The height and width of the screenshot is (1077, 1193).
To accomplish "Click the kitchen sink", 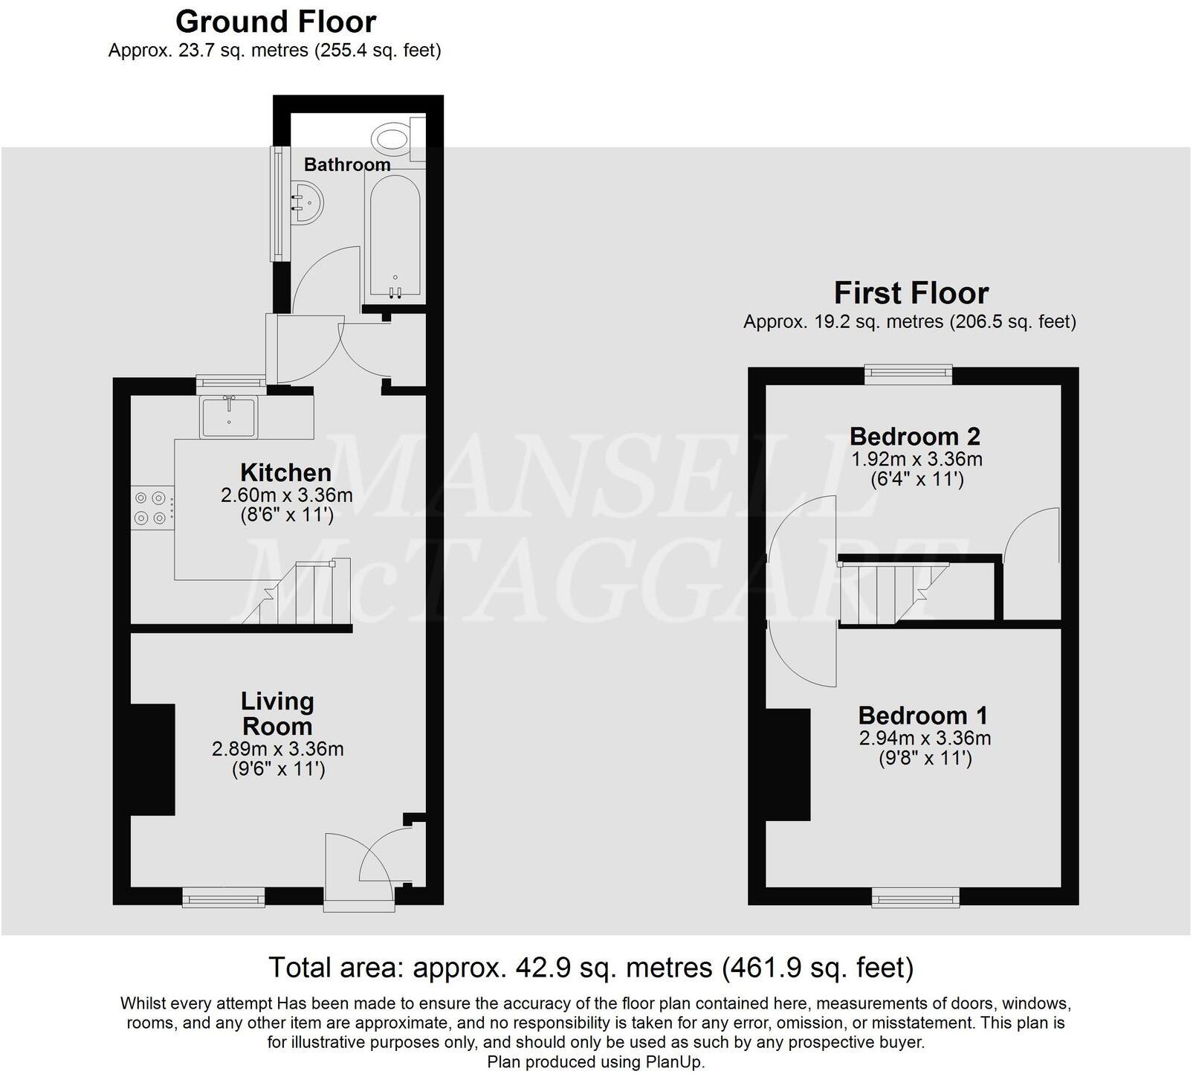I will tap(228, 416).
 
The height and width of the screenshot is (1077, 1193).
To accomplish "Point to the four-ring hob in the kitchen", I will tap(149, 509).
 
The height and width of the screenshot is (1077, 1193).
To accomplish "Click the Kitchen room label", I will tap(285, 473).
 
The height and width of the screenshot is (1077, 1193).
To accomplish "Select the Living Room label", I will tap(277, 713).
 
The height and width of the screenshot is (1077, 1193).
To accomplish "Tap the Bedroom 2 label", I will tap(915, 436).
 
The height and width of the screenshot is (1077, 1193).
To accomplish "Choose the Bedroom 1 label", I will tap(923, 716).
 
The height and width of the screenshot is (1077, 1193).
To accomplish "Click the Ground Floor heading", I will tap(276, 22).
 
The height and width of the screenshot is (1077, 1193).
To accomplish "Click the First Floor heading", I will tap(911, 293).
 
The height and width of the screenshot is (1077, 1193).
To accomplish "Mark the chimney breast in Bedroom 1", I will tap(788, 764).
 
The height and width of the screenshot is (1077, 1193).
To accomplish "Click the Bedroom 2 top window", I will tap(908, 374).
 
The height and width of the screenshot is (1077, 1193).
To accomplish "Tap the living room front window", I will tap(224, 897).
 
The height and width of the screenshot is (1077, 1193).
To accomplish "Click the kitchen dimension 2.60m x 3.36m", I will tap(286, 495).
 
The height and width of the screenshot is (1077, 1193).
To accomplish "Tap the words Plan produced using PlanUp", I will tap(595, 1062).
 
